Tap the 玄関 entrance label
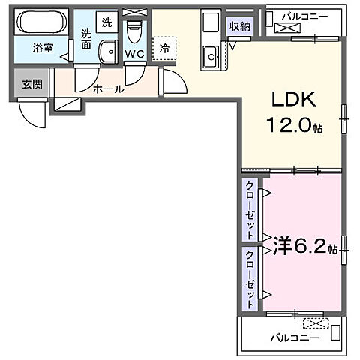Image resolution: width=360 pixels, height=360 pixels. (31, 84)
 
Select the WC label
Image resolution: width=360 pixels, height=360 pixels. (135, 54)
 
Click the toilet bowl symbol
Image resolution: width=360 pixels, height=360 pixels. (135, 31)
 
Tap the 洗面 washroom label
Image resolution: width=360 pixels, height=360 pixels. (87, 38)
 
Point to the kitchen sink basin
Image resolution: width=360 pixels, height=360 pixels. (210, 54)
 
